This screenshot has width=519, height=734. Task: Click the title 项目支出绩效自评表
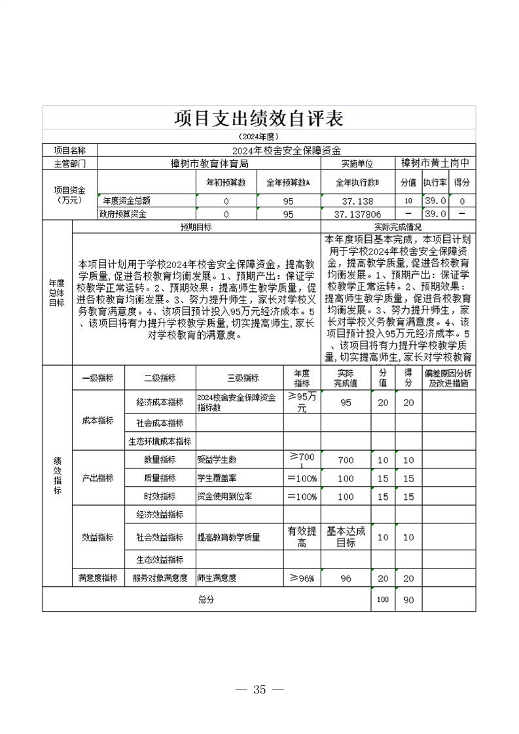click(259, 118)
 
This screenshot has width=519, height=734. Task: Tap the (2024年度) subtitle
click(259, 137)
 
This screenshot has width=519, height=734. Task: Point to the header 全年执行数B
click(357, 183)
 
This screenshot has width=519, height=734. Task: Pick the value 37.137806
click(357, 214)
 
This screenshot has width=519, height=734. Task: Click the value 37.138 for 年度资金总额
click(357, 201)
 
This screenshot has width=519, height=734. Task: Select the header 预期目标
click(196, 227)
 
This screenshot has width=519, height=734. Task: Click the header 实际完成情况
click(398, 227)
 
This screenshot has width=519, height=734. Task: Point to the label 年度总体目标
click(57, 293)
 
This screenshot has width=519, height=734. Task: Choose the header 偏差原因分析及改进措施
click(448, 378)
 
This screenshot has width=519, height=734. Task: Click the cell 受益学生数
click(217, 460)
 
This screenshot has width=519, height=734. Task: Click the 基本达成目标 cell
click(346, 537)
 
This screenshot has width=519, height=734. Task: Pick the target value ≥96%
click(302, 578)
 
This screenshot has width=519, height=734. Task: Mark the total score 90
click(408, 600)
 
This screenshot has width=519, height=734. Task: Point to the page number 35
click(259, 689)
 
